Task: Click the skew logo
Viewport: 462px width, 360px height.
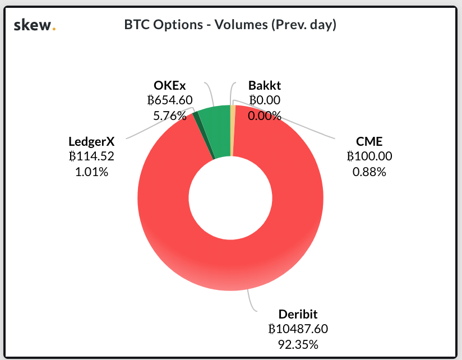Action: point(34,25)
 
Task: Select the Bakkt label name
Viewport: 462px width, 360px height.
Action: point(265,86)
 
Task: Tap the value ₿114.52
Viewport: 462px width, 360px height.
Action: point(91,157)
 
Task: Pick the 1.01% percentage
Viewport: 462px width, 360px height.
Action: point(91,172)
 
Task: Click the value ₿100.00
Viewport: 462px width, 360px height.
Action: point(369,157)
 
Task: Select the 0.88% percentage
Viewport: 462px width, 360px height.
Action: point(369,172)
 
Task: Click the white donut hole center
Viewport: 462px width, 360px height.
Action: point(230,197)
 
